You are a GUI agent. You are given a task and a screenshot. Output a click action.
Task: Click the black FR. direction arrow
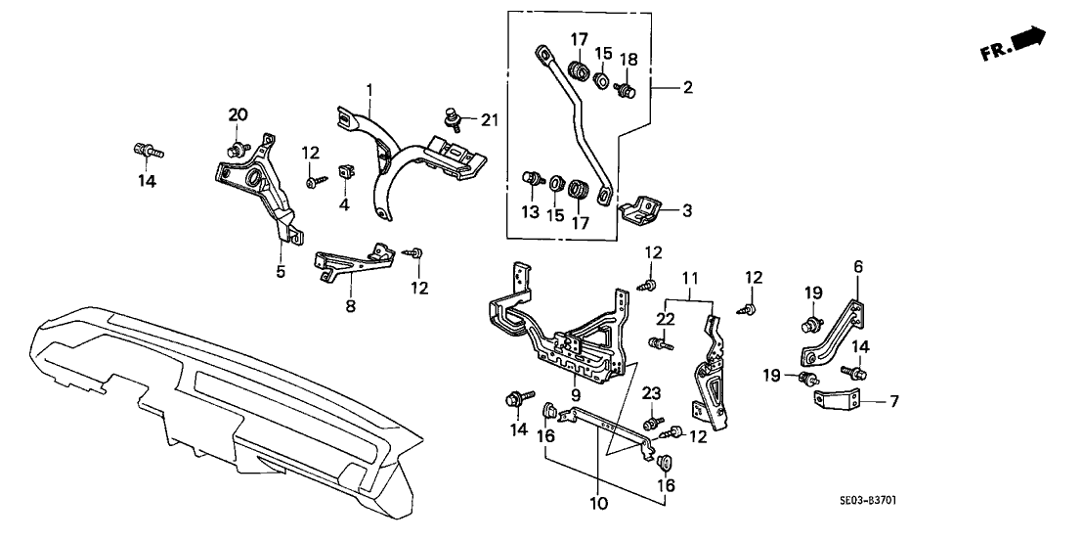pyautogui.click(x=1027, y=40)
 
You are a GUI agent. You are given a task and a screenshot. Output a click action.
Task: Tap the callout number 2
pyautogui.click(x=688, y=88)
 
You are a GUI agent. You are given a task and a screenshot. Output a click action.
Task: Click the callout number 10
pyautogui.click(x=598, y=504)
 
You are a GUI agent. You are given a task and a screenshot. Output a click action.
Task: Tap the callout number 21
pyautogui.click(x=490, y=119)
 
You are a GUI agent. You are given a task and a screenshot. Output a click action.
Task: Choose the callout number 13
pyautogui.click(x=530, y=213)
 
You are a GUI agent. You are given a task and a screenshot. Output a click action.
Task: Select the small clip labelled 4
pyautogui.click(x=346, y=174)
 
